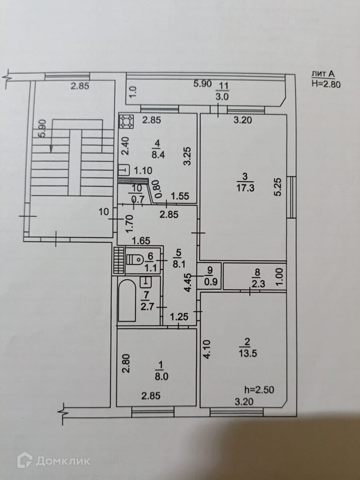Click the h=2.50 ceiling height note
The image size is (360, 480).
[259, 390]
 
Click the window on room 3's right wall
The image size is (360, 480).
[291, 196]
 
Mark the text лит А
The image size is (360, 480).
[323, 75]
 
